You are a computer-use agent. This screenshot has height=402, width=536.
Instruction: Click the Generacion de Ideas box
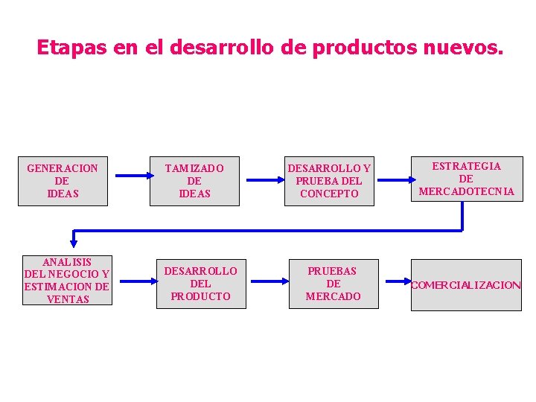tap(63, 181)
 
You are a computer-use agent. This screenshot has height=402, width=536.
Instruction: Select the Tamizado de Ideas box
tap(194, 181)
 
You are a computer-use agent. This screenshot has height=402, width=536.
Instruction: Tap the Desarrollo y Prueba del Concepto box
tap(329, 181)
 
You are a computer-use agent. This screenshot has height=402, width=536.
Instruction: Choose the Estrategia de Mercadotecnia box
tap(466, 179)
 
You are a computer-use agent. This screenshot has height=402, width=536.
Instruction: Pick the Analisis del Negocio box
tap(67, 280)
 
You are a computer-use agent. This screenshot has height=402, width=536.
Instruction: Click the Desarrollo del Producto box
tap(200, 284)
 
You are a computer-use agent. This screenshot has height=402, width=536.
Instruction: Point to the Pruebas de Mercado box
tap(333, 284)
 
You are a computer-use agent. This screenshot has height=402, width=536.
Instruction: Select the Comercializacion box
tap(466, 285)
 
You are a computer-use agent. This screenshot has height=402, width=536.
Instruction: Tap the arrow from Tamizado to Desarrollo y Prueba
tap(264, 179)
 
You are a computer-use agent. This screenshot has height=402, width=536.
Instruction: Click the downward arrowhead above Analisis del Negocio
tap(74, 240)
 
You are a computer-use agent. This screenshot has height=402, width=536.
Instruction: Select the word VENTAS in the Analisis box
tap(67, 299)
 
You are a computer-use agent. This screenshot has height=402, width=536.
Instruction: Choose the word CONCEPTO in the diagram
tap(329, 194)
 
